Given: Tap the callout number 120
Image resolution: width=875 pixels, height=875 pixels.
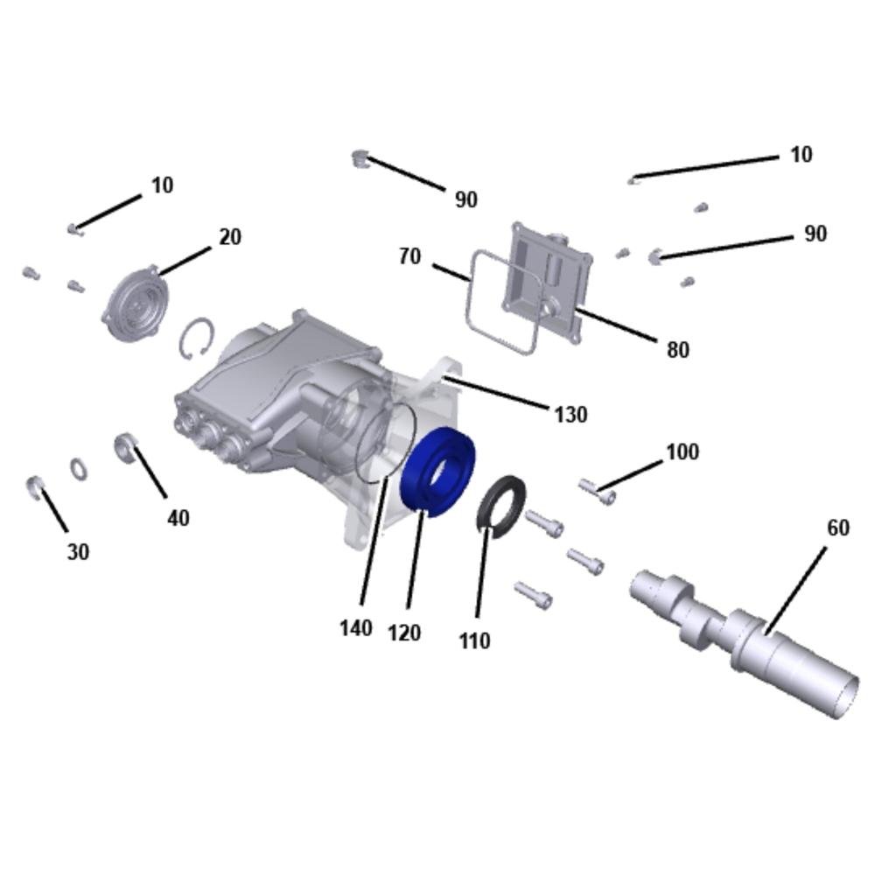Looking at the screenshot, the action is [x=404, y=633].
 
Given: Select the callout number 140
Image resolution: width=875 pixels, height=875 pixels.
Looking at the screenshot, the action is [x=356, y=628].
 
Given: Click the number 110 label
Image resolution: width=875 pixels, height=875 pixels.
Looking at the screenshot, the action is [x=475, y=640].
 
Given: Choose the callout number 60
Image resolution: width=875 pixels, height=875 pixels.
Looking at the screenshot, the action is [x=837, y=528].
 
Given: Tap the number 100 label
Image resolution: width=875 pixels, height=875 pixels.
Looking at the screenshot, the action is [x=682, y=451].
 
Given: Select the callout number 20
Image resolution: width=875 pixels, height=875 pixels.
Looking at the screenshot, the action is [x=230, y=237].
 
